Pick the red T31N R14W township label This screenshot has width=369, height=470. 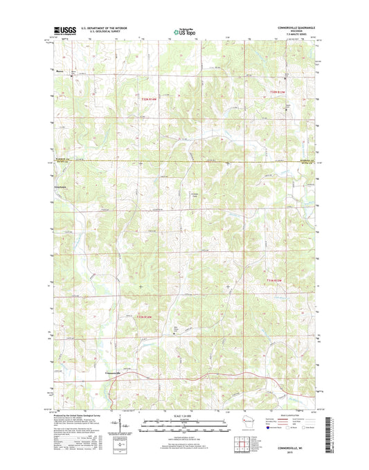click(x=143, y=317)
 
